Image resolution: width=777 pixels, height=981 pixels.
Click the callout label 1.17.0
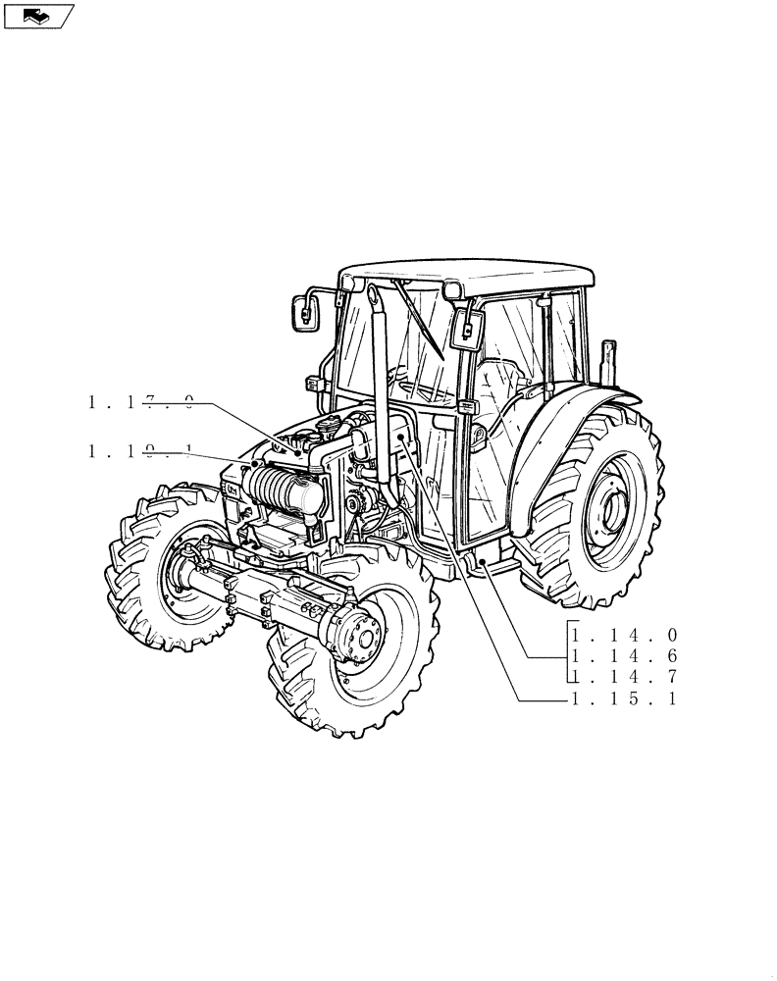140,400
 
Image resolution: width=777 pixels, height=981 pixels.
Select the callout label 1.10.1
140,451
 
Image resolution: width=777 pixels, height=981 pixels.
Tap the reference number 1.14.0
624,636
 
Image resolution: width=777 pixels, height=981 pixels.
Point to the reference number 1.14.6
624,656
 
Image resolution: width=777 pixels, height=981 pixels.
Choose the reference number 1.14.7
624,677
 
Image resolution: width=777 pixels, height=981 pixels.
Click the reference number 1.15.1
624,698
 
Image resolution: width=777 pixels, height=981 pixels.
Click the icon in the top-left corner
39,16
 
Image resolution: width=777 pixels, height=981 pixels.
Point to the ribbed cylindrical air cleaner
285,490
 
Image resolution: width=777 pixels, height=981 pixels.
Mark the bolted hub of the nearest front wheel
363,644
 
